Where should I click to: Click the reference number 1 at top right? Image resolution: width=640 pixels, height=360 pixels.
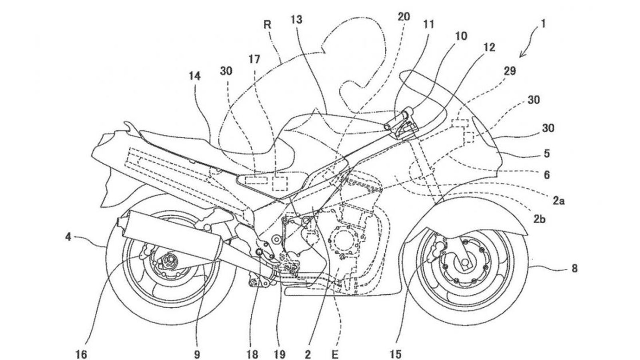(543, 24)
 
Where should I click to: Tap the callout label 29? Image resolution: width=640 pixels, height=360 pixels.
(510, 72)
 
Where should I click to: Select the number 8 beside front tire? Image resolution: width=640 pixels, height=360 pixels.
(574, 268)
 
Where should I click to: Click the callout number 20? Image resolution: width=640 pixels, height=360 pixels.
(404, 17)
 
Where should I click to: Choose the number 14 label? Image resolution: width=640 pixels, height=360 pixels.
(196, 76)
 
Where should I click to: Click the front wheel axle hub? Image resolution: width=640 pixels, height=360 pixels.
(465, 262)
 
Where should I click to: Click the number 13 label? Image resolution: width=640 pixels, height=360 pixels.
(297, 19)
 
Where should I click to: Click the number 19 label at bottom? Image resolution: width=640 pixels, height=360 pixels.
(280, 354)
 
